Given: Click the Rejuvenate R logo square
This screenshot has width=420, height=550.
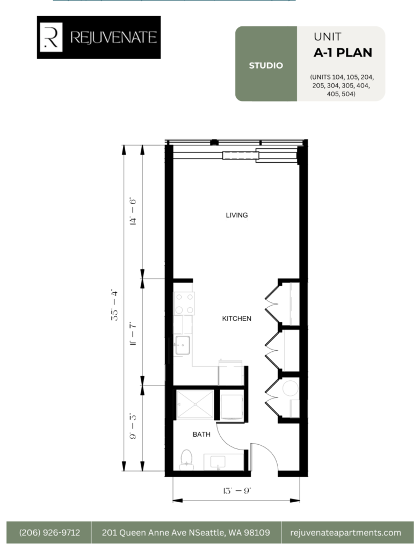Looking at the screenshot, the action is (x=51, y=37).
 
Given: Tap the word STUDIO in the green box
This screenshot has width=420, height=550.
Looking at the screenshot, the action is (x=266, y=66).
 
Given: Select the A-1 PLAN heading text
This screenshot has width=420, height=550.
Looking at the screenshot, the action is (x=343, y=53).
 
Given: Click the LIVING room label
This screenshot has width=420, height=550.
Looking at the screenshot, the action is (x=237, y=215).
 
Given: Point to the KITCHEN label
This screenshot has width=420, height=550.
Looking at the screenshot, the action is (x=236, y=319).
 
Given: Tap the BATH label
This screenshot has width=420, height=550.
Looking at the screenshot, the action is (x=201, y=434).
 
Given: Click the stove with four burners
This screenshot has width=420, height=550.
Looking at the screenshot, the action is (x=184, y=303).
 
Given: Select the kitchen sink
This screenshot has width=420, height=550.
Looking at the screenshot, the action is (x=183, y=345).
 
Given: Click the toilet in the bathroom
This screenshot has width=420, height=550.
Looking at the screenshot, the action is (x=186, y=460).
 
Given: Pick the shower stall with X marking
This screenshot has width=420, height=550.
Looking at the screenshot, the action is (x=195, y=404).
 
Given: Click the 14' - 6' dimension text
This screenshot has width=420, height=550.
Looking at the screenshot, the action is (x=133, y=212).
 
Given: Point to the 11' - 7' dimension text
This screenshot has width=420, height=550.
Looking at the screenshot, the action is (x=133, y=334).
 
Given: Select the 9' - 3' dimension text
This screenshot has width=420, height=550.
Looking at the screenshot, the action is (x=133, y=426).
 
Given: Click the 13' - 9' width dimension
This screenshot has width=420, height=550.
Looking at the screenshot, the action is (x=237, y=490).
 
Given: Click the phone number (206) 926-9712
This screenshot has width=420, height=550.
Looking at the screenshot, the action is (x=49, y=532).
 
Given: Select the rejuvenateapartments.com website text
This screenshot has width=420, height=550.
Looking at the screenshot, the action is (x=345, y=532).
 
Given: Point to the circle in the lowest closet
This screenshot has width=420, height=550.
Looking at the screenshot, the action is (x=291, y=389).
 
